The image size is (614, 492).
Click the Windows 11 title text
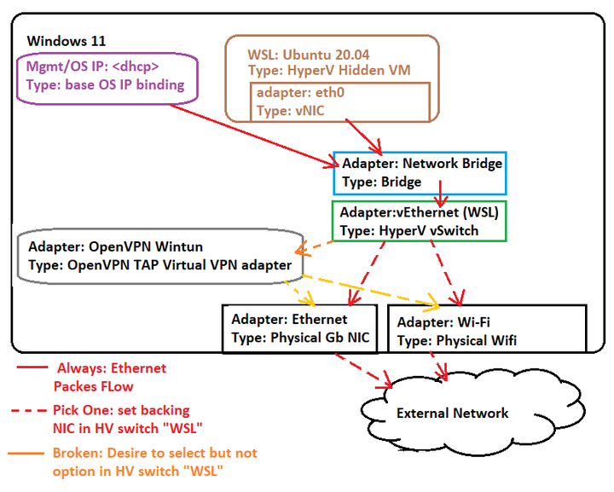67,41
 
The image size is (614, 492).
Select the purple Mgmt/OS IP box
107,77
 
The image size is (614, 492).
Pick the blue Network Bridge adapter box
421,172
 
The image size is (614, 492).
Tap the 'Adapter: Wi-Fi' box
487,332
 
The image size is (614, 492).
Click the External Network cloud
452,414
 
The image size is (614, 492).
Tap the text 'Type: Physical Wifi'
456,340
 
